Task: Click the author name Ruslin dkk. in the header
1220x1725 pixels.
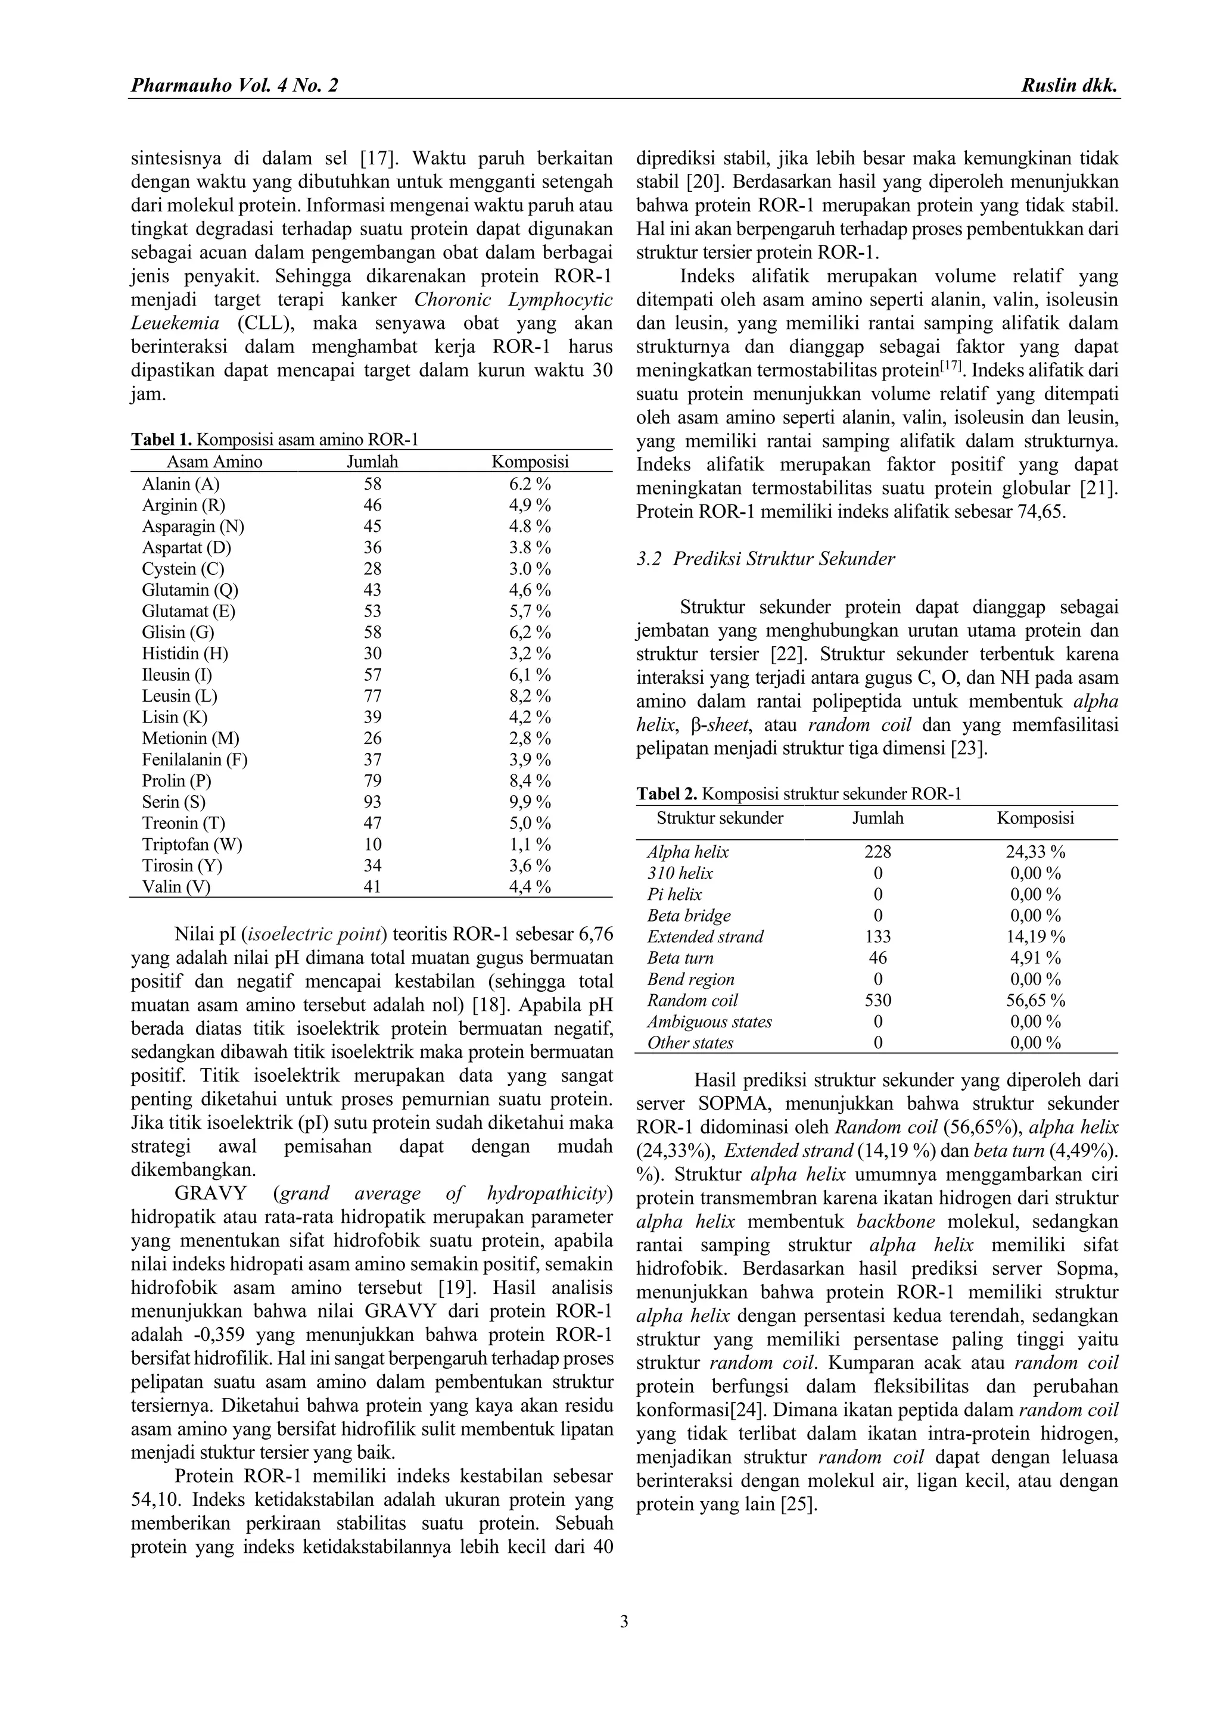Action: coord(1070,86)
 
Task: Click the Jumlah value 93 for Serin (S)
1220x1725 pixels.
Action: coord(372,802)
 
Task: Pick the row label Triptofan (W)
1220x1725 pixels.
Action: coord(192,845)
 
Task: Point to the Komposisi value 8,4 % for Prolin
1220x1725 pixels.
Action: coord(530,781)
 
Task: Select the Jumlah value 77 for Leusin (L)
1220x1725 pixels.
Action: coord(372,696)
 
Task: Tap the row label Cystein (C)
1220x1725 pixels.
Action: coord(183,569)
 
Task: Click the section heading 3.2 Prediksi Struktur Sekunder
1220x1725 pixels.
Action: coord(765,559)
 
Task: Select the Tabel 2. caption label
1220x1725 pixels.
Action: coord(667,794)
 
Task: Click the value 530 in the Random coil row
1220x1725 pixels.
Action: coord(877,1000)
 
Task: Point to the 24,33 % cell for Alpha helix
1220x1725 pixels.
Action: coord(1035,852)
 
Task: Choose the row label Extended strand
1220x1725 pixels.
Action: coord(705,937)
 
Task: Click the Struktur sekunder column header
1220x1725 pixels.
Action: coord(720,818)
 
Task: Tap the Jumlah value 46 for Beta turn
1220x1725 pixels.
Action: coord(877,958)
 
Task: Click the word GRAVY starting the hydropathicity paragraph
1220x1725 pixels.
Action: coord(213,1194)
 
